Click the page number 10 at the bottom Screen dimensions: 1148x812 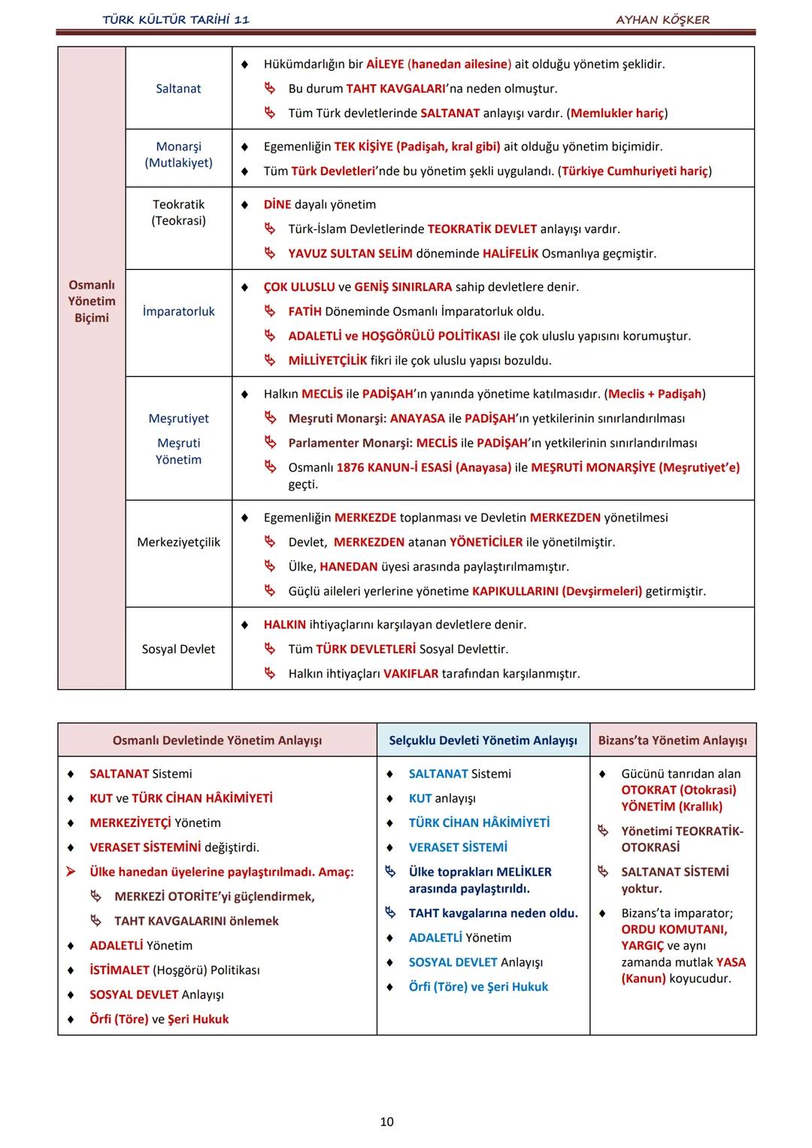click(386, 1122)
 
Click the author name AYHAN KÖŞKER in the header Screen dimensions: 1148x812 click(662, 20)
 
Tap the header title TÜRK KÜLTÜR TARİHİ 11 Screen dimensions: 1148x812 click(176, 20)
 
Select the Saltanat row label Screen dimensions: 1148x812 click(178, 89)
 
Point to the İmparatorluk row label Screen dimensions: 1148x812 click(178, 311)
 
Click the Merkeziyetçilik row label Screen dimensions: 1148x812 click(178, 542)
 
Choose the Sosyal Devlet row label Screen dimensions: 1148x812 click(178, 649)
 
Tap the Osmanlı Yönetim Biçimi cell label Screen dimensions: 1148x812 click(92, 301)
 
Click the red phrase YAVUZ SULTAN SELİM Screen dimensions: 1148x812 click(350, 253)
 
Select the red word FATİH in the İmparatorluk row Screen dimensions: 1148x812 click(304, 311)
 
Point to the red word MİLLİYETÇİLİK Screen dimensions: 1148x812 click(327, 360)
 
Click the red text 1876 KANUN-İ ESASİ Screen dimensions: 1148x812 click(423, 468)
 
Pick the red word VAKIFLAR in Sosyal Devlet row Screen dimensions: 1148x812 click(411, 674)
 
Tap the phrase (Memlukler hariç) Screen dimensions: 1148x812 click(617, 113)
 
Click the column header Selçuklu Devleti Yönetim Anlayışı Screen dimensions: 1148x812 click(483, 741)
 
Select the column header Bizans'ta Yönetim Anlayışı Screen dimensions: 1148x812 click(672, 741)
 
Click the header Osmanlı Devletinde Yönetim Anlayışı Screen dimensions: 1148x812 click(217, 741)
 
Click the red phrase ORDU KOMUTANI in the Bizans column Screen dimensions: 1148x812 click(674, 929)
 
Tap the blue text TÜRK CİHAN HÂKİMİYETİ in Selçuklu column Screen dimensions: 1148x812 click(479, 822)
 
